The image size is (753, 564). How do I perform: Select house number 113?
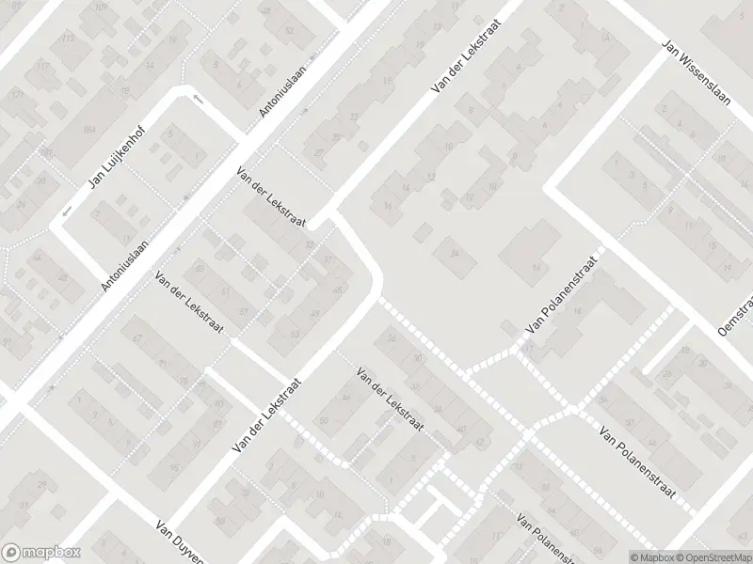coord(67,39)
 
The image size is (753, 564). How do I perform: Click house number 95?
coord(175,467)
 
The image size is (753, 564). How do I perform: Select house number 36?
coord(439,410)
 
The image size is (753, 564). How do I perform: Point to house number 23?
coord(354,117)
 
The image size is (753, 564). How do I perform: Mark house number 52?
coord(311,245)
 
